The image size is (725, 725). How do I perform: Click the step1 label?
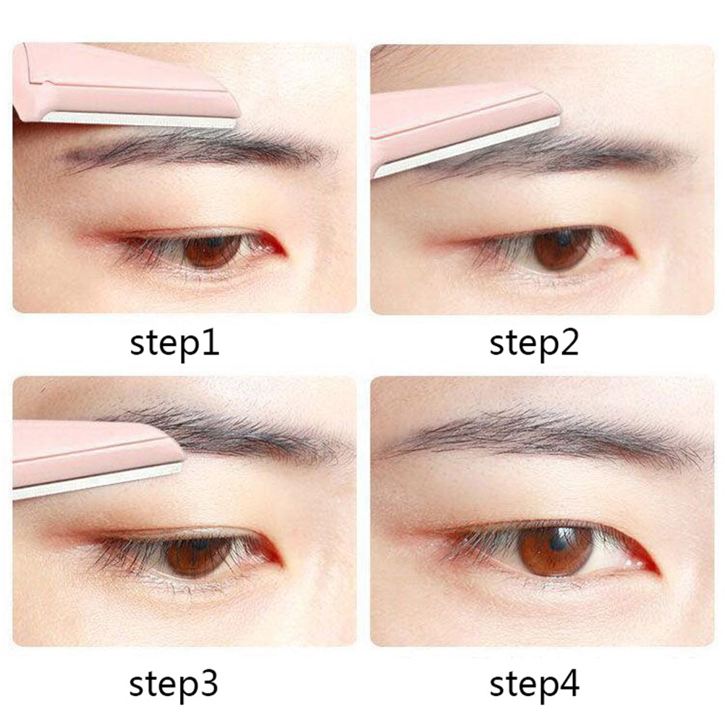174,344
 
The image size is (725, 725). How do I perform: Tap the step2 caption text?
534,344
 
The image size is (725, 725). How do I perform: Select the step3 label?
174,684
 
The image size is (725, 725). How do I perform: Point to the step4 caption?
534,684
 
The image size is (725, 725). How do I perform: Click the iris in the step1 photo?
212,251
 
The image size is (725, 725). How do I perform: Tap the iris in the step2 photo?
562,250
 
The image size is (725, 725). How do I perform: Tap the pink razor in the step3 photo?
93,455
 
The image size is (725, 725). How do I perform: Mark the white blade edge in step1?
139,120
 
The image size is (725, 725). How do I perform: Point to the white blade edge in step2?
467,147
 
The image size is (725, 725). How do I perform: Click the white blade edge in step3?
97,481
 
